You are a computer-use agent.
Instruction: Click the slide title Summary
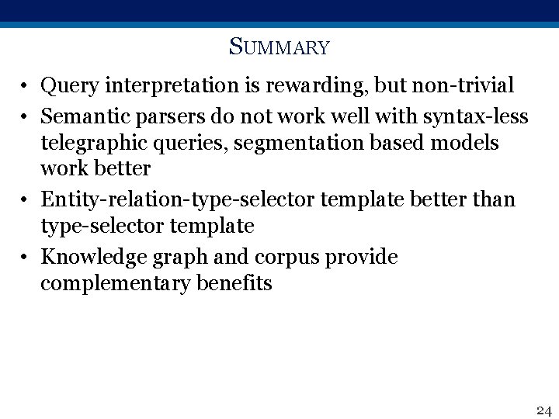point(279,48)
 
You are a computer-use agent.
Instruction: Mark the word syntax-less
point(476,116)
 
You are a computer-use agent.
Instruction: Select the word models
point(471,144)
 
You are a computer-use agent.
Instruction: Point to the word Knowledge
point(87,257)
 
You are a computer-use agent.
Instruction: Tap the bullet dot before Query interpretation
point(26,85)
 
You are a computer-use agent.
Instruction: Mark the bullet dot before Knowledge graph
point(26,258)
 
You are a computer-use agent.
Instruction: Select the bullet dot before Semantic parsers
point(26,118)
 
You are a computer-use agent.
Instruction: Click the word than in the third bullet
point(493,199)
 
